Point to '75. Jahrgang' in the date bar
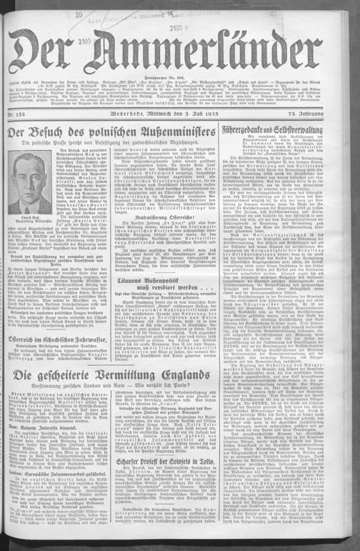(334, 113)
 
